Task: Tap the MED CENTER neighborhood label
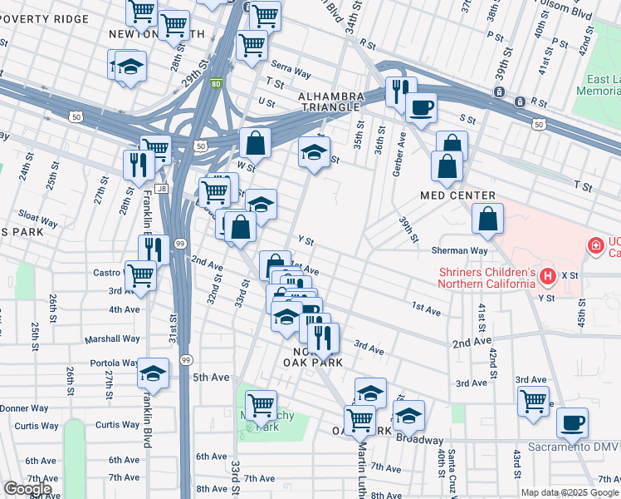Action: (x=457, y=195)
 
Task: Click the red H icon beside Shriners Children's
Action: (x=546, y=275)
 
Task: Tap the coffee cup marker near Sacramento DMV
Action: (x=572, y=422)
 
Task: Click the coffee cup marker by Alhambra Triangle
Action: (x=421, y=107)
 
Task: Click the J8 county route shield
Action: (x=160, y=189)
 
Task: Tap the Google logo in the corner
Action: (x=27, y=489)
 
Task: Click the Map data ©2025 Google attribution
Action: (x=569, y=492)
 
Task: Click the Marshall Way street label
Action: (x=112, y=338)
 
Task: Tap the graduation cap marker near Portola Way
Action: (x=154, y=373)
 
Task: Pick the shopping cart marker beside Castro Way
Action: (x=140, y=274)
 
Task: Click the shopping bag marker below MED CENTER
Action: (x=488, y=220)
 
